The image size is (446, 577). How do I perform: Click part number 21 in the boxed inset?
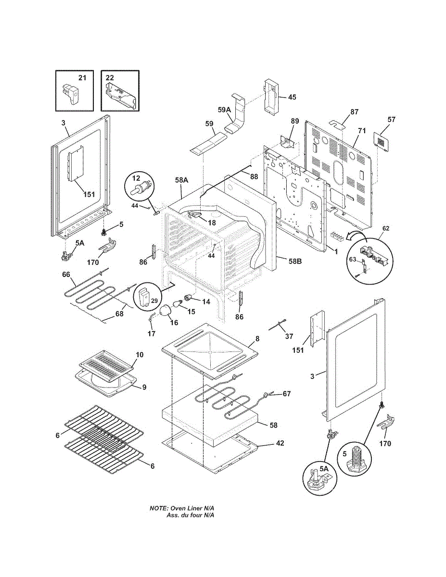coord(82,77)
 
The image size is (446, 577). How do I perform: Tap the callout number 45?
coord(292,97)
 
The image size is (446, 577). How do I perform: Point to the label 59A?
coord(225,110)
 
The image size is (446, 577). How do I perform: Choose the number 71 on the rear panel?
coord(362,130)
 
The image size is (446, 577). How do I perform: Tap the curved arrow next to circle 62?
coord(357,234)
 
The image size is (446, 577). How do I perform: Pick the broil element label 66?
coord(66,275)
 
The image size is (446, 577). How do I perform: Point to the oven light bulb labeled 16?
coord(166,311)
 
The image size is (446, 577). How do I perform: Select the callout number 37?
coord(289,336)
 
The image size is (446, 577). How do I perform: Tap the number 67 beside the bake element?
coord(287,394)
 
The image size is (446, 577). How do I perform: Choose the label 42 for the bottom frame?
coord(280,443)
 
